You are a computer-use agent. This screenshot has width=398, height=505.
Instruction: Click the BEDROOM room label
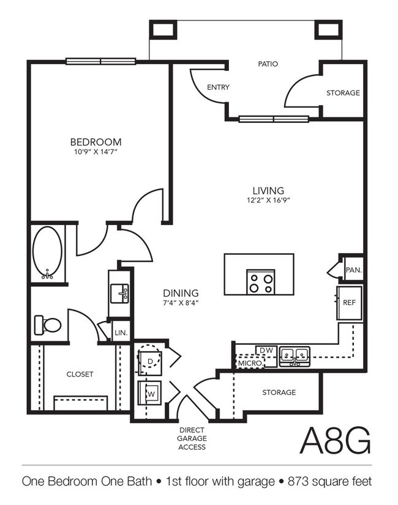coord(96,141)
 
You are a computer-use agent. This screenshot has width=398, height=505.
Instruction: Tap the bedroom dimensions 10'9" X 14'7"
coord(96,152)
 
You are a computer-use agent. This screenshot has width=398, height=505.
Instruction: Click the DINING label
coord(180,292)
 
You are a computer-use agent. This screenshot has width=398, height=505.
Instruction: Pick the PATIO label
coord(268,63)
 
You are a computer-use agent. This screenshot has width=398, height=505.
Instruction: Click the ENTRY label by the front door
coord(218,87)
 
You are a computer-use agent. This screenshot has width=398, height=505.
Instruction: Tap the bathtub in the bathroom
coord(48,253)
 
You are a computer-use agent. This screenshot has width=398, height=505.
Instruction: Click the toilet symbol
coord(48,324)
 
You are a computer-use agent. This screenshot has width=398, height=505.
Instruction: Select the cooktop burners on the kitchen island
coord(260,282)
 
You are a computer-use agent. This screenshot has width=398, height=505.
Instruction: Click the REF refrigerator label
coord(349,302)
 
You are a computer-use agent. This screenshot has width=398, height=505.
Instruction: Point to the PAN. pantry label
coord(353,269)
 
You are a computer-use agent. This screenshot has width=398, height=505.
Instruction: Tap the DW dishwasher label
coord(266,350)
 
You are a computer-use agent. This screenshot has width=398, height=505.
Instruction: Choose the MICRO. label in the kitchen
coord(251,363)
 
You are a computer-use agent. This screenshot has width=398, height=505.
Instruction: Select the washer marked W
coord(149,394)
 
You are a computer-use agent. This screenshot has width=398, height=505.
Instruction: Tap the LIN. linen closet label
coord(120,333)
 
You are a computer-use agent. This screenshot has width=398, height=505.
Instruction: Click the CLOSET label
coord(80,374)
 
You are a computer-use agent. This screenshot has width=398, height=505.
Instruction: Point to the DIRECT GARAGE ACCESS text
coord(192,438)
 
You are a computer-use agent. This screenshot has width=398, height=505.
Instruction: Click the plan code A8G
coord(336,440)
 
